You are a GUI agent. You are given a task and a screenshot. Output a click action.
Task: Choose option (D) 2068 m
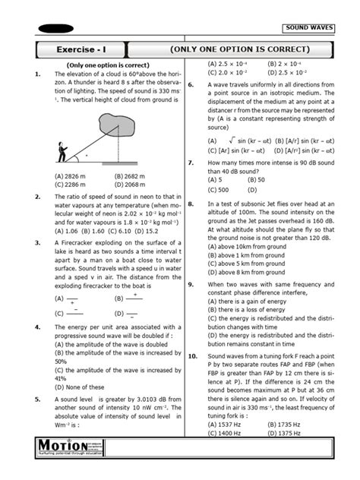(x=130, y=183)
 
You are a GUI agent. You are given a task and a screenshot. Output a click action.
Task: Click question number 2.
(x=37, y=196)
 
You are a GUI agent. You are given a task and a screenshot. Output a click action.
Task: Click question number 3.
(x=37, y=242)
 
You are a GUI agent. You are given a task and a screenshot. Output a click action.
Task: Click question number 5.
(x=37, y=398)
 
